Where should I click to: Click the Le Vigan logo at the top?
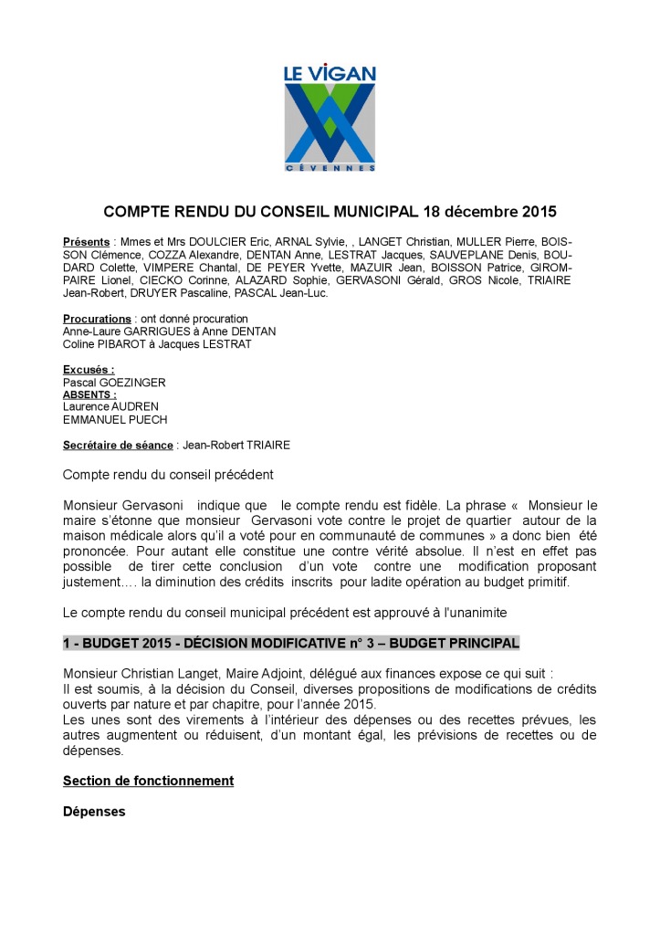point(330,116)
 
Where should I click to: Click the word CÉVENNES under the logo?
point(330,168)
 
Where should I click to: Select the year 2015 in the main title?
point(538,212)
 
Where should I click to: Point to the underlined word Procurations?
point(97,319)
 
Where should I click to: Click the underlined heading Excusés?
point(89,370)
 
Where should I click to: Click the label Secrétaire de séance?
point(118,445)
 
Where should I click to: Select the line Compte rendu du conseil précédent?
point(168,475)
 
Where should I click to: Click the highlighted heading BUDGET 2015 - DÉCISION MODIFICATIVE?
point(291,643)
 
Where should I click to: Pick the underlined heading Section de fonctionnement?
point(148,781)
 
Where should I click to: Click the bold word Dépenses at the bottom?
point(94,811)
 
